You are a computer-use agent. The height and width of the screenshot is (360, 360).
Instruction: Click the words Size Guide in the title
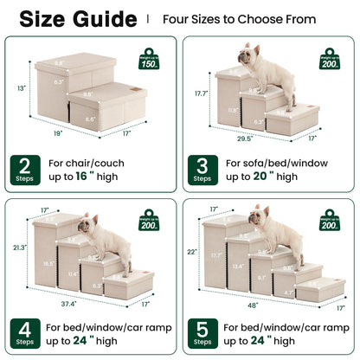point(77,19)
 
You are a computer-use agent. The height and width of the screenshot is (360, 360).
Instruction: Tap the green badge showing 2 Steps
point(26,170)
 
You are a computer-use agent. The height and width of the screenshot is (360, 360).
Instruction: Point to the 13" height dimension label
point(19,87)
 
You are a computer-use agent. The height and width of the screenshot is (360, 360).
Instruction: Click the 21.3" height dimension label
point(18,248)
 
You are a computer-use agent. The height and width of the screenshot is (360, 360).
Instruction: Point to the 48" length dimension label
point(251,305)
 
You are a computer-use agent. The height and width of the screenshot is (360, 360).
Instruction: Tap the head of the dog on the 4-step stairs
point(86,225)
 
